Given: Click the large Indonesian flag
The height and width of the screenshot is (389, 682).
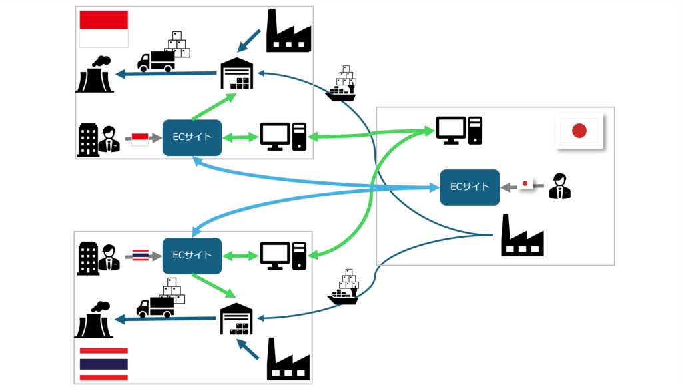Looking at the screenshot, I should tap(104, 29).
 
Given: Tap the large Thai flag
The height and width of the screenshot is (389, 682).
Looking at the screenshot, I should tap(104, 364).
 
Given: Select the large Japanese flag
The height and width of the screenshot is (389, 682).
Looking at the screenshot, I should tap(579, 131).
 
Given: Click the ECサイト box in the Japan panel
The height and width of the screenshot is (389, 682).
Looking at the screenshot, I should tap(470, 187).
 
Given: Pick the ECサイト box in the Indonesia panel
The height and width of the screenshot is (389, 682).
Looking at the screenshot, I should tap(192, 137).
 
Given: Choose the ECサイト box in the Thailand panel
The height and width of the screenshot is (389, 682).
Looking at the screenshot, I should tap(192, 255).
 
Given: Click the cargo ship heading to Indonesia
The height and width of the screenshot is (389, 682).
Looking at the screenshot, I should tap(343, 85).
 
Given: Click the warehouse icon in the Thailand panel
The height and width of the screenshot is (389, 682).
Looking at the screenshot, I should tap(238, 319).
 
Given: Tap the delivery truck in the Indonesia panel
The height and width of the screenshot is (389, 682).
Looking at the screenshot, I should tap(158, 60).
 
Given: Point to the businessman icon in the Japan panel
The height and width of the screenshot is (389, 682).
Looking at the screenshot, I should tap(559, 186).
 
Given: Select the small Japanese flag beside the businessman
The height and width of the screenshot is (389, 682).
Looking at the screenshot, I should tap(526, 183).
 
